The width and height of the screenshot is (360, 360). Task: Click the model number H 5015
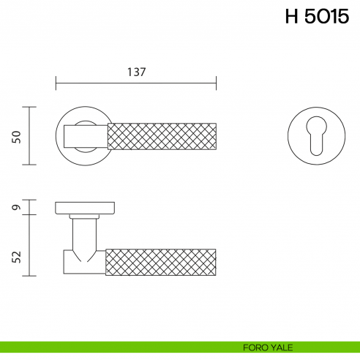pyautogui.click(x=317, y=18)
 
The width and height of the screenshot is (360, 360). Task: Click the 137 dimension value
pyautogui.click(x=137, y=72)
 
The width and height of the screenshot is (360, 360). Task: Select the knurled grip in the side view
pyautogui.click(x=162, y=262)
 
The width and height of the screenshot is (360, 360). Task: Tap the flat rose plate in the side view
pyautogui.click(x=86, y=207)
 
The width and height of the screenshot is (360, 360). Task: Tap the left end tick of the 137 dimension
pyautogui.click(x=56, y=83)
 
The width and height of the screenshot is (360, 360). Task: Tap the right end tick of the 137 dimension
pyautogui.click(x=217, y=83)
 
